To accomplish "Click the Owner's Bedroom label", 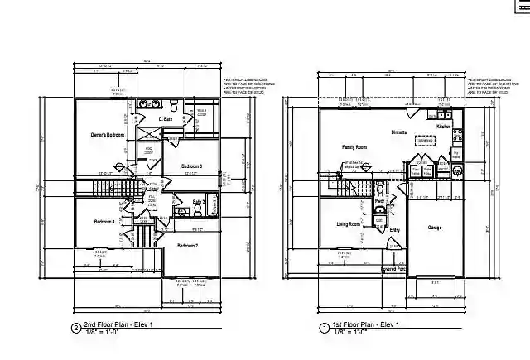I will click(108, 134).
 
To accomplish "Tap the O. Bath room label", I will click(166, 119).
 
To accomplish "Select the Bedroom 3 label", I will click(192, 166).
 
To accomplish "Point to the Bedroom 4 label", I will click(104, 221).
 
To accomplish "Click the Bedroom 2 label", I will click(188, 245).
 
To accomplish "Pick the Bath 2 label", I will click(199, 201).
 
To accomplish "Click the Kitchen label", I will click(444, 127).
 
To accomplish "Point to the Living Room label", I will click(348, 223).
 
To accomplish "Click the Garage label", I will click(435, 228).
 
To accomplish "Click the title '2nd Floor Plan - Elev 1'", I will click(121, 325).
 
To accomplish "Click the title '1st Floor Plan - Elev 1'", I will click(368, 325).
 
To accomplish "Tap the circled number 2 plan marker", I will click(76, 329).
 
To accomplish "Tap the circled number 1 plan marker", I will click(324, 329).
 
